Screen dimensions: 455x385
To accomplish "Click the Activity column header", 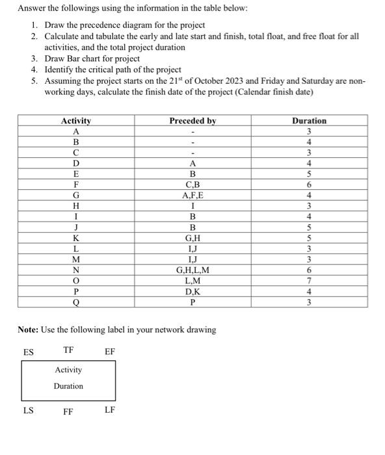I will coord(76,121).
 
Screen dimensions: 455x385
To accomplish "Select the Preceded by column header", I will coord(192,121).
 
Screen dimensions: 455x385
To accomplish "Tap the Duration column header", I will coord(309,121).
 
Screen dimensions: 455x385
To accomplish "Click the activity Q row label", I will coord(76,302).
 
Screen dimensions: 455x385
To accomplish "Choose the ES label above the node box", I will coord(29,352).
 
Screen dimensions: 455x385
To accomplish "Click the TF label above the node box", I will coord(68,350).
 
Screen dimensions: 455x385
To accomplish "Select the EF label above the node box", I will coord(110,352).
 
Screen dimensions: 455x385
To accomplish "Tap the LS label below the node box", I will coord(29,410).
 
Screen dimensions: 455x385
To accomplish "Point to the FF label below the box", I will coord(68,411).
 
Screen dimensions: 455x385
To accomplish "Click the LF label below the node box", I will coord(110,410).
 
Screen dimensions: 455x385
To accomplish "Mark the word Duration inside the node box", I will coord(68,386).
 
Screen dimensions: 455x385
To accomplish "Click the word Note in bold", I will coord(29,330).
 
